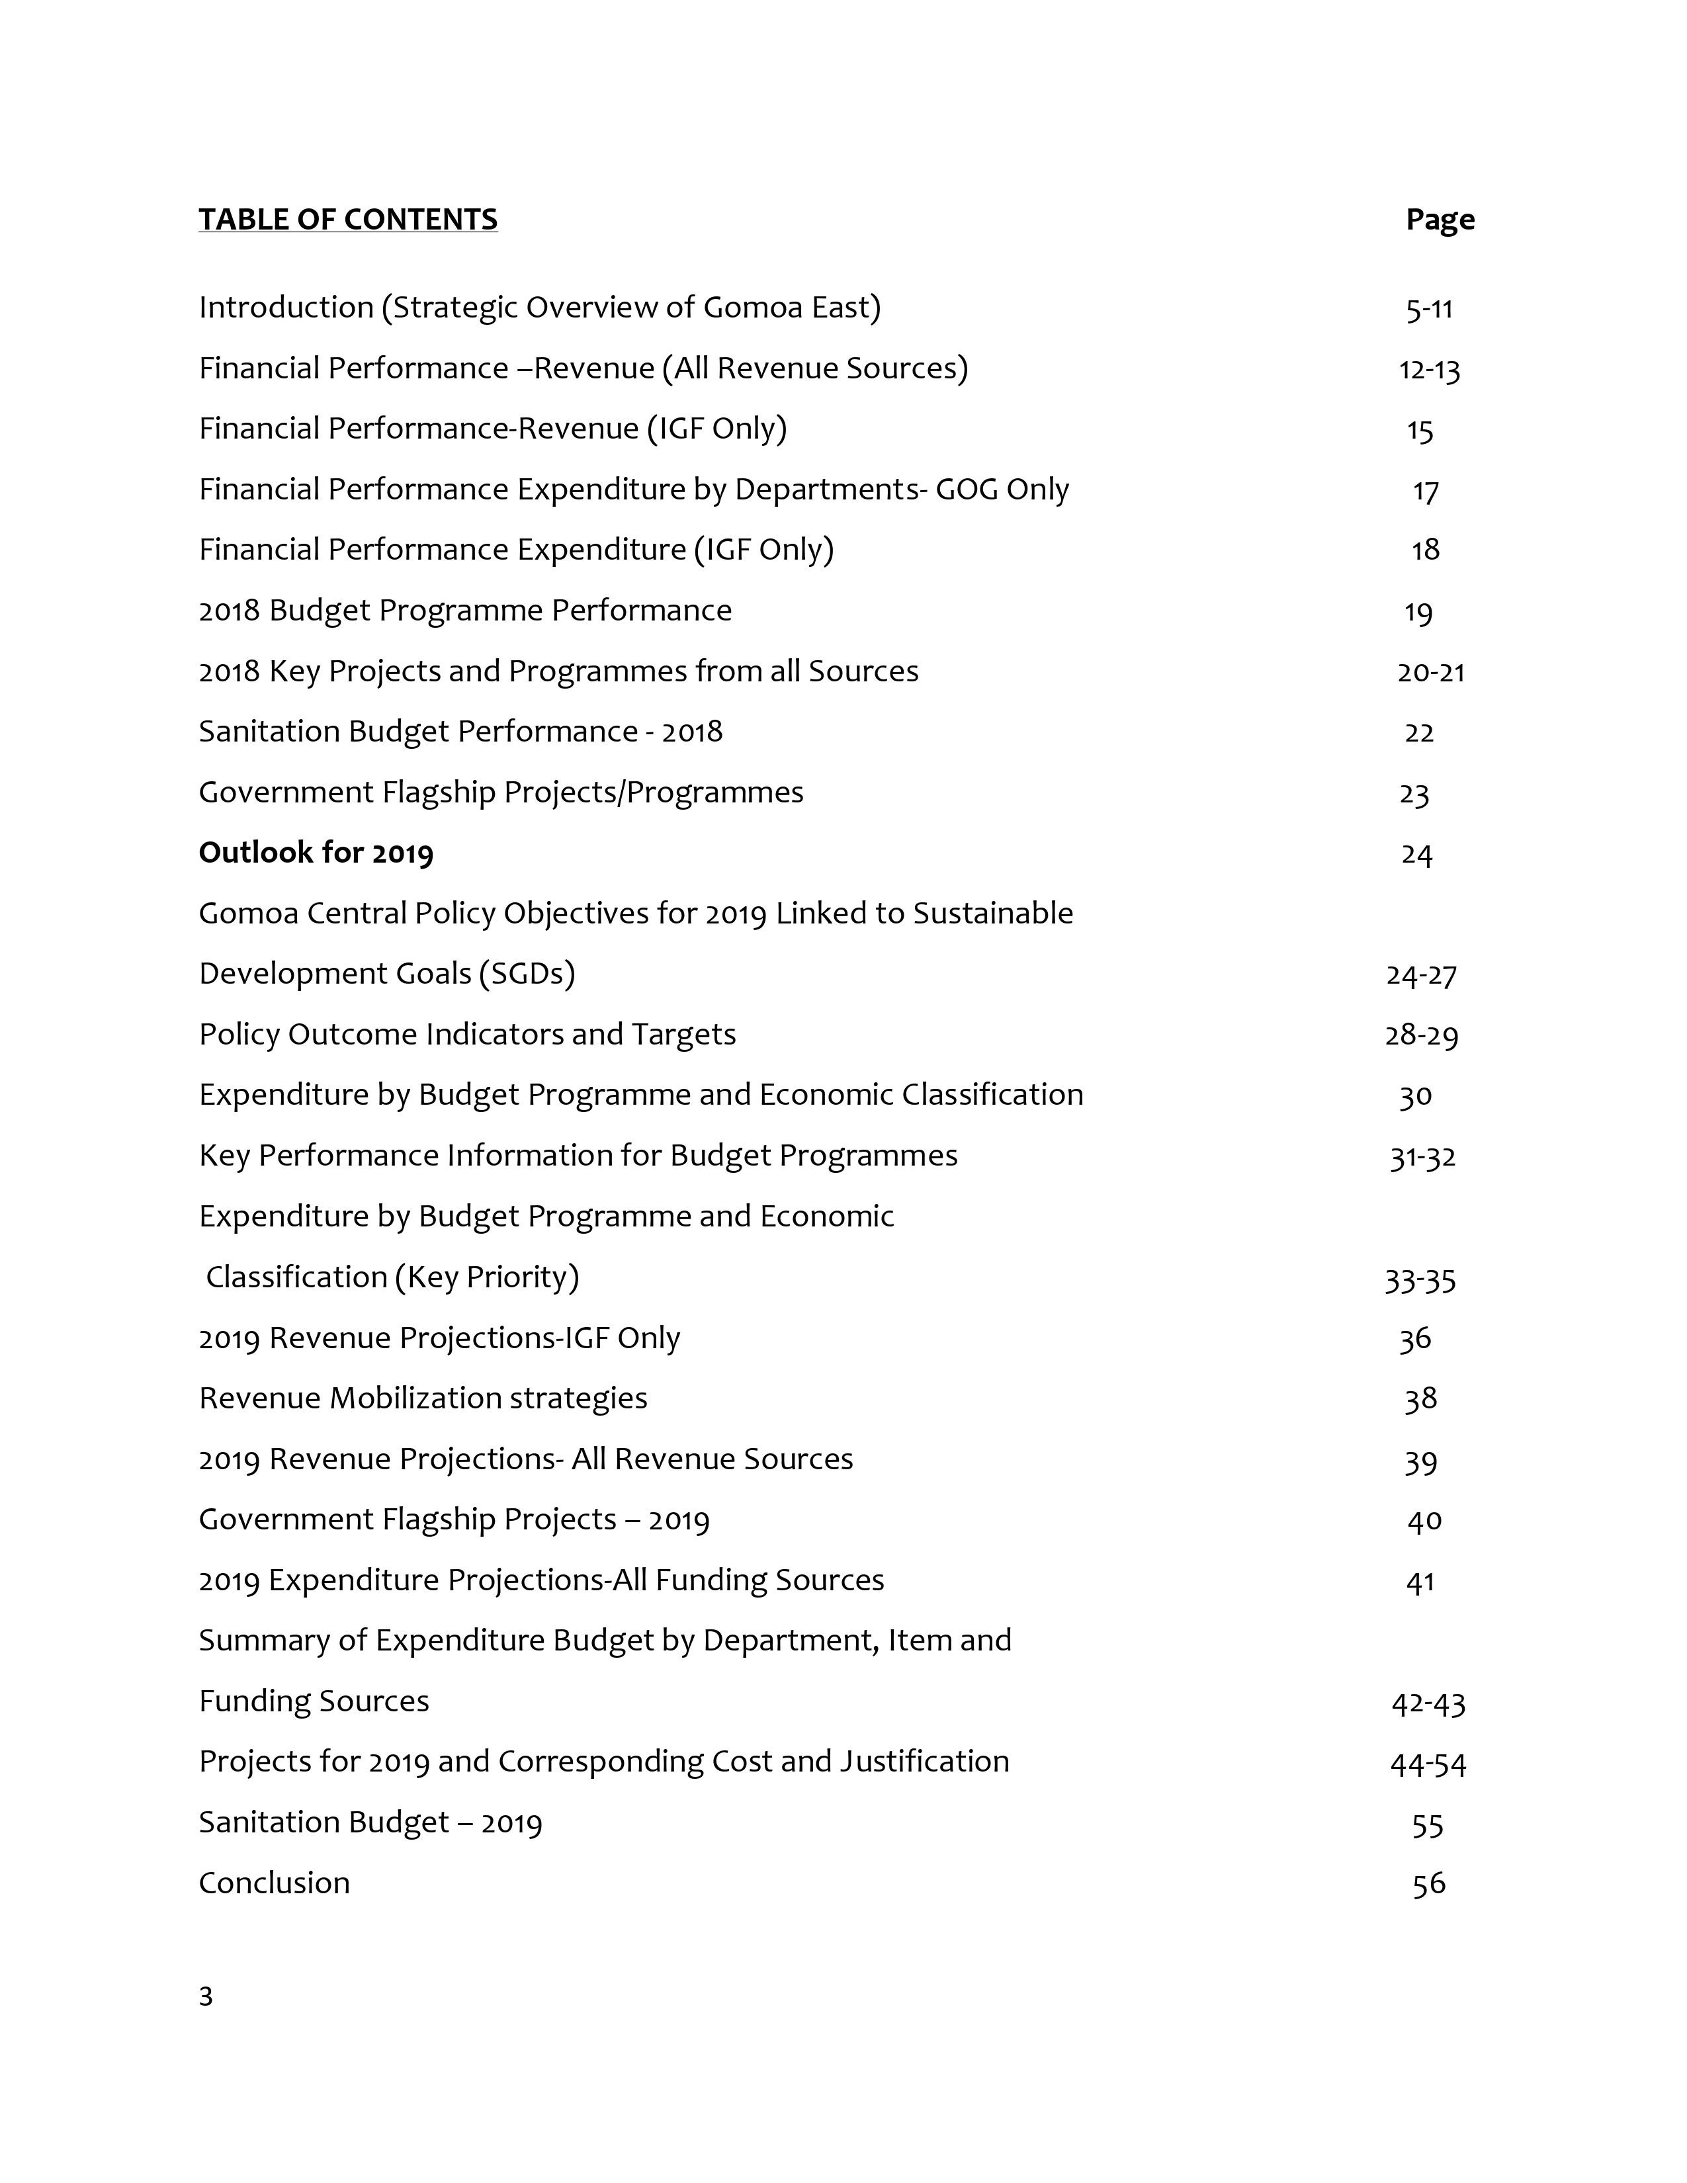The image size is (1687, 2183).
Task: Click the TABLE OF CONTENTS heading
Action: point(348,220)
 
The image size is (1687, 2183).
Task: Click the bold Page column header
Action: point(1439,220)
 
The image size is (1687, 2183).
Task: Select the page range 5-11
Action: point(1429,309)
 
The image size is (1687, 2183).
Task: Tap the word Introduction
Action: point(286,307)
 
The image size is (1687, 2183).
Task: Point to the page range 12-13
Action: point(1429,370)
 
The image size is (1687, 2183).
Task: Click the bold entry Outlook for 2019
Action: point(316,853)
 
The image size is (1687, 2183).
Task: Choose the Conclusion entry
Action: point(274,1883)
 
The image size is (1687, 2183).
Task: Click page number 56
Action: point(1428,1884)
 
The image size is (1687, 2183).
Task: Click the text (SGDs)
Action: point(527,974)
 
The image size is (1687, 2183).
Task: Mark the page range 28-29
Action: point(1421,1035)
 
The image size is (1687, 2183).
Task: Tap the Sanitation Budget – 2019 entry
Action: point(370,1822)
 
